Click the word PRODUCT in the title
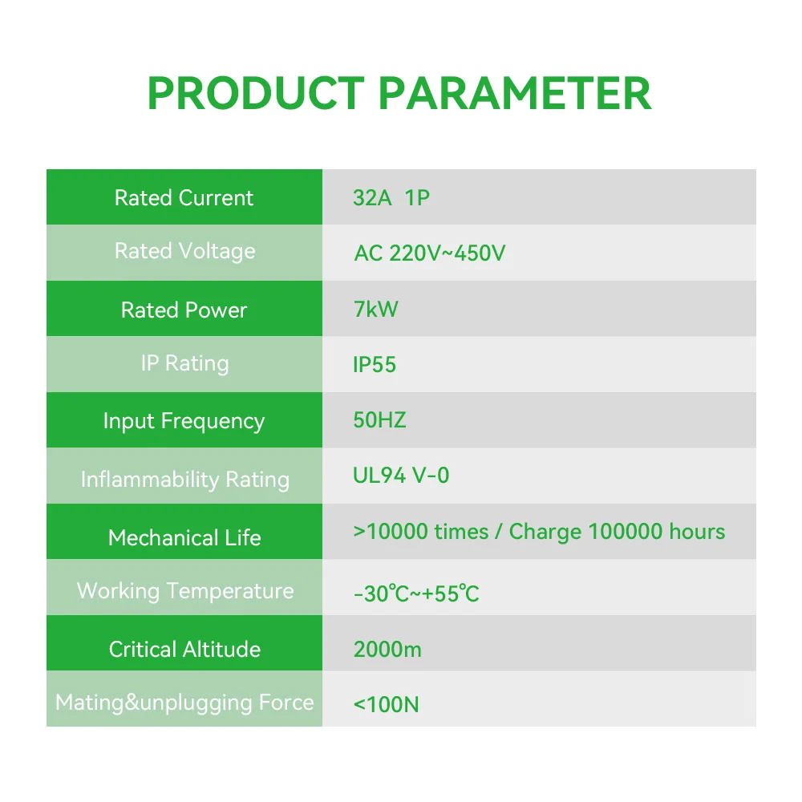pos(255,94)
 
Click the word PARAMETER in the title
pos(514,94)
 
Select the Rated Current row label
pos(184,198)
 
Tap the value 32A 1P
pos(391,198)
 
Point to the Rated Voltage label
pos(184,251)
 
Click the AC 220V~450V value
pos(429,253)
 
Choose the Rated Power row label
pos(184,310)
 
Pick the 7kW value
pos(375,310)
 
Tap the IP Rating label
pos(184,363)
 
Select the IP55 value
pos(375,365)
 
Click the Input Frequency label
pos(184,421)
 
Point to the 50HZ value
pos(379,421)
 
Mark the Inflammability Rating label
pos(184,480)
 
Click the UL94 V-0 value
pos(401,476)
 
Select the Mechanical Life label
pos(184,537)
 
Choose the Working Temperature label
pos(184,591)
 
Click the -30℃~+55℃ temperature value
pos(416,594)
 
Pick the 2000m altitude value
pos(387,649)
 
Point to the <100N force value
pos(386,705)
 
